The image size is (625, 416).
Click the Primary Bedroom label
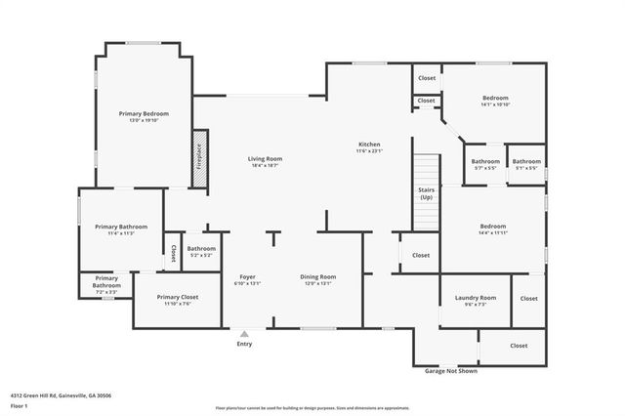(x=138, y=114)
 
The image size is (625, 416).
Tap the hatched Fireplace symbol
(x=198, y=156)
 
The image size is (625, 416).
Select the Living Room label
(x=264, y=158)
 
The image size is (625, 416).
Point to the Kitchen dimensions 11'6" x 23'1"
(x=368, y=151)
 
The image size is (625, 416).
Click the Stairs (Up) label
(x=426, y=194)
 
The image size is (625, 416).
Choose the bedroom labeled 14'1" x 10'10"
(x=495, y=101)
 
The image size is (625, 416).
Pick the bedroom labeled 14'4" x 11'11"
(x=493, y=230)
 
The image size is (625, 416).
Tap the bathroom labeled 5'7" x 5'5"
(x=485, y=165)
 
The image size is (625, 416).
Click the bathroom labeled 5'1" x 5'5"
(x=526, y=165)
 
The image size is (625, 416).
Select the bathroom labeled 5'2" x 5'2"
(x=201, y=251)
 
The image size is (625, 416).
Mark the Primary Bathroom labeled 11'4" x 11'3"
(x=121, y=229)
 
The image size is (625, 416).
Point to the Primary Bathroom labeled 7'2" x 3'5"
(x=106, y=287)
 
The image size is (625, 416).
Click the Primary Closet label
(x=177, y=299)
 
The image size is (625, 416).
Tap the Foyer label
(x=247, y=279)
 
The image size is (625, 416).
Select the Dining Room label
(x=317, y=279)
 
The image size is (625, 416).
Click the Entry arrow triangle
(x=244, y=334)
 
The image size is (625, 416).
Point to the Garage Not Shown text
(x=452, y=371)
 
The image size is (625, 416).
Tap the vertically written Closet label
(x=173, y=254)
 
